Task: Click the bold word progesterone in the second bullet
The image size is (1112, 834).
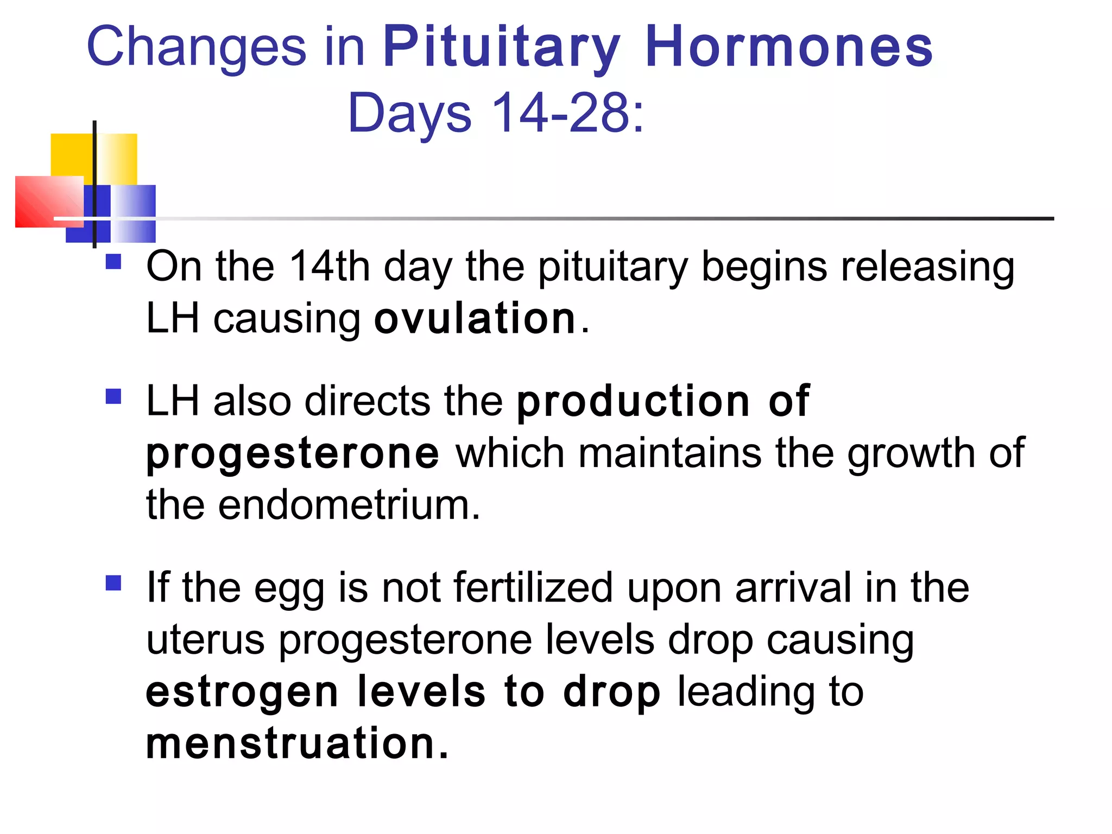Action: [x=293, y=454]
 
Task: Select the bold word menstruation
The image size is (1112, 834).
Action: [x=296, y=743]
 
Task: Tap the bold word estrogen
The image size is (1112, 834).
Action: [x=242, y=693]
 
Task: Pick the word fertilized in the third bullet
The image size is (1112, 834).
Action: [x=533, y=587]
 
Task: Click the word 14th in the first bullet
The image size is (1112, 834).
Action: [x=329, y=267]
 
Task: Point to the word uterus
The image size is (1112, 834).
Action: [x=206, y=640]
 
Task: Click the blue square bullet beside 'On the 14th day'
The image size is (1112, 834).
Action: [x=113, y=262]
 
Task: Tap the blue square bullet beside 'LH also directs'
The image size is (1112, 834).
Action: [x=113, y=396]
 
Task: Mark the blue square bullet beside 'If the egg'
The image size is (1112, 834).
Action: [x=113, y=583]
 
